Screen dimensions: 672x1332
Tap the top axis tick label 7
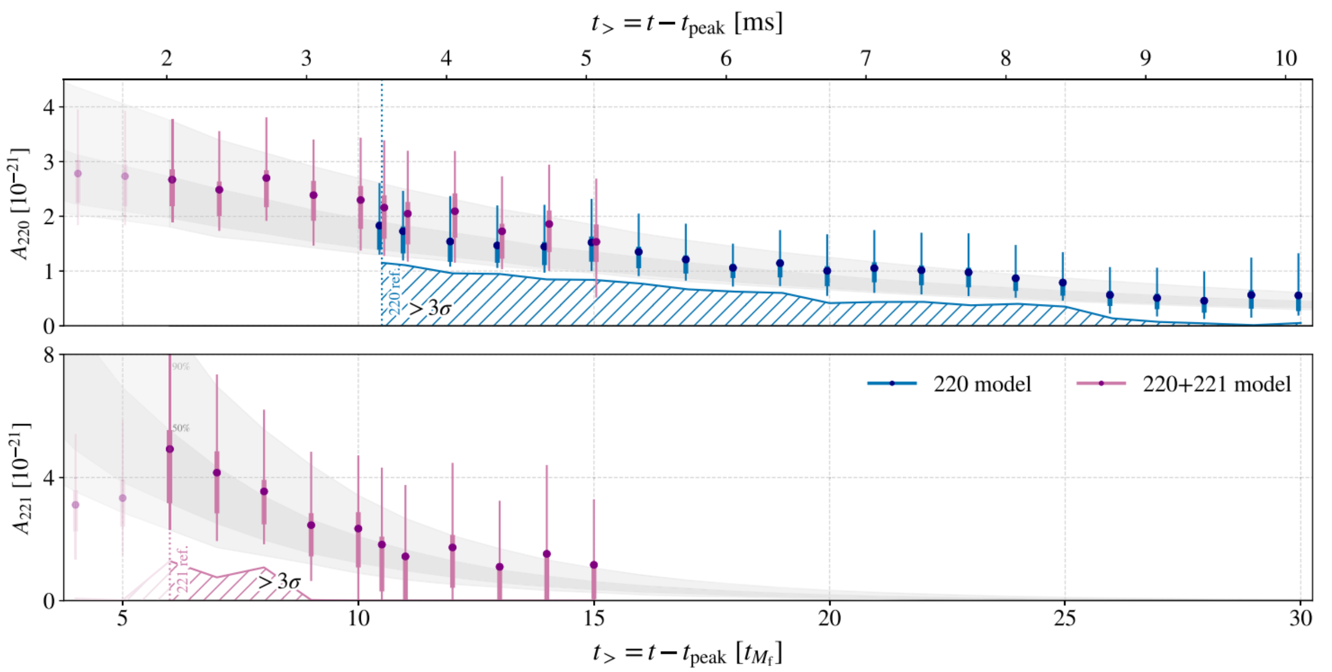[865, 58]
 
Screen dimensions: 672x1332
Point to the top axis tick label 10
[1285, 58]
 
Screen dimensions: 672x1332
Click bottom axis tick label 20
[829, 619]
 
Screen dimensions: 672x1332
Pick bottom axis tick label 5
[122, 619]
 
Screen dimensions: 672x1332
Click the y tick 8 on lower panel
[49, 356]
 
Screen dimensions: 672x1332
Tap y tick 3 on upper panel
[49, 162]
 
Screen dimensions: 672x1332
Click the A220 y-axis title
[20, 204]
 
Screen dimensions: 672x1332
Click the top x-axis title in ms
[687, 24]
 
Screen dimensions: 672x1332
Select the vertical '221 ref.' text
[182, 570]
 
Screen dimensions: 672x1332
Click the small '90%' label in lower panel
[180, 367]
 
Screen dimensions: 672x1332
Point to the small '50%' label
[180, 428]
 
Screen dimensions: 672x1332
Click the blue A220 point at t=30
[1298, 296]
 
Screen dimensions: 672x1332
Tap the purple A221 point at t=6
[169, 449]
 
